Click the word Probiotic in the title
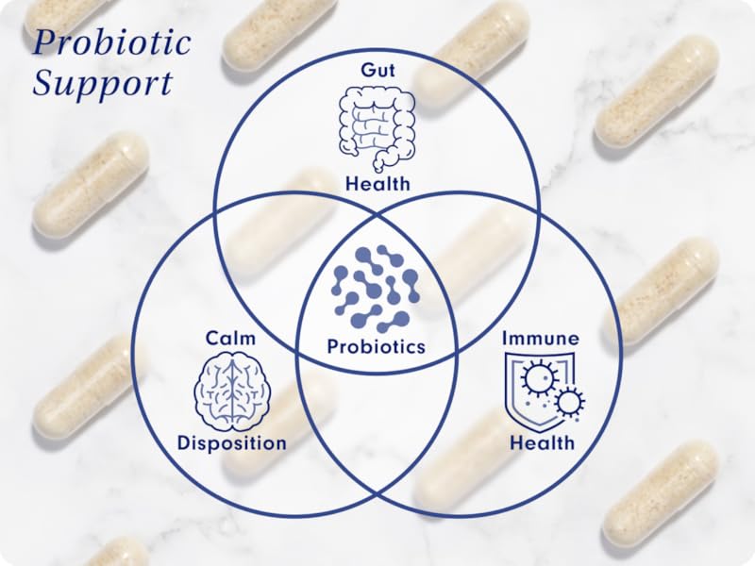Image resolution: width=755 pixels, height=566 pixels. [111, 43]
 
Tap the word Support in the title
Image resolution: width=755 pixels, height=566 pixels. [103, 83]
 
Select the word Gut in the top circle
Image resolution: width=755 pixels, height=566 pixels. [377, 72]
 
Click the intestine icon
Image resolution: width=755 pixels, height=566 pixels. [377, 127]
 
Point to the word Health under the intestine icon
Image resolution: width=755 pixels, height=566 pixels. [377, 184]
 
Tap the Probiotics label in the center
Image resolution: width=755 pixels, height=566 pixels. [377, 346]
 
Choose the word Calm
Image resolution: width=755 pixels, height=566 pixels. [231, 337]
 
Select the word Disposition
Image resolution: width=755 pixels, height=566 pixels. [232, 442]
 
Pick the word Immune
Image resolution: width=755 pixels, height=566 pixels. [541, 337]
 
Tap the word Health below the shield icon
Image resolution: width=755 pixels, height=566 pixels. [542, 442]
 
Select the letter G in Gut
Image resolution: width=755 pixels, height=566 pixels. [365, 72]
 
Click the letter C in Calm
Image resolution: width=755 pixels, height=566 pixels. [212, 337]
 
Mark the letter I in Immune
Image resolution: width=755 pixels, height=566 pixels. [506, 337]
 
